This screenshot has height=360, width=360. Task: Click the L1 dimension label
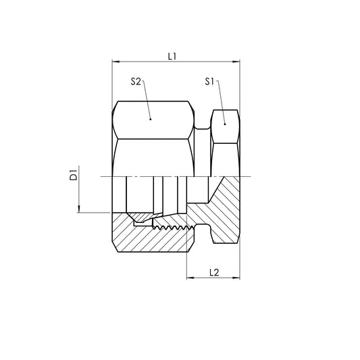point(172,57)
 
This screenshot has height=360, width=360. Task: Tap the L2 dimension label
point(213,272)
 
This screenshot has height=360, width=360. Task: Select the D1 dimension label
point(74,177)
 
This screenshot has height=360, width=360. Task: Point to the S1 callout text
point(210,81)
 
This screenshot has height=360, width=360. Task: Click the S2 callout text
point(136,81)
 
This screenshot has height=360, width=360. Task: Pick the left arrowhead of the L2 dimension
point(190,278)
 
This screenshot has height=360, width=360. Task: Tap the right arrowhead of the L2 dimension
point(236,278)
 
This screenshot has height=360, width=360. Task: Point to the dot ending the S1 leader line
point(224,124)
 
